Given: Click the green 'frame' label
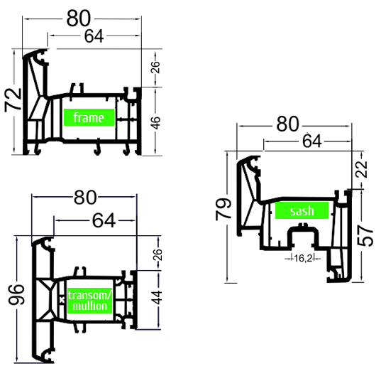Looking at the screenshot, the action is pos(89,117).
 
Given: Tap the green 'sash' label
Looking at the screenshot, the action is pos(302,210).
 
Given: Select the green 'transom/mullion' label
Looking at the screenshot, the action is pos(89,301).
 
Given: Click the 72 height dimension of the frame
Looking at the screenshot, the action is pos(13,100).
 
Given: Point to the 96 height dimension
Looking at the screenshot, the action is pos(16,295).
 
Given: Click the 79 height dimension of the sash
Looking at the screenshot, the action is pos(223,210).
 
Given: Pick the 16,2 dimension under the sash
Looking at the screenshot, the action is pos(303,258).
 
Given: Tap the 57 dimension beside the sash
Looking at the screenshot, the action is pos(365,236).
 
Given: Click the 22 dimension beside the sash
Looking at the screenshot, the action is pos(361,169).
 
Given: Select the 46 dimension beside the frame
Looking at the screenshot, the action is pos(156,123).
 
